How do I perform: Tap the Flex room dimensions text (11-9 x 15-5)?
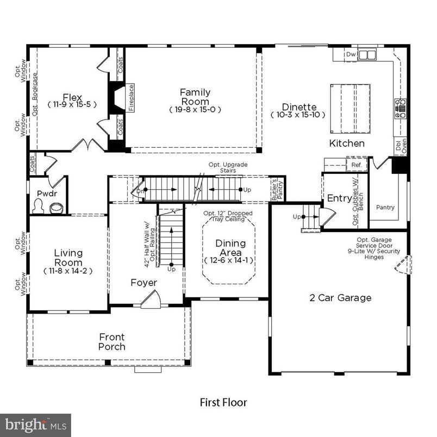coord(72,104)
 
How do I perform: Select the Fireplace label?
coord(131,98)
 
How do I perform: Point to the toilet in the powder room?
coord(39,206)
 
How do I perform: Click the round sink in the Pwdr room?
coord(56,207)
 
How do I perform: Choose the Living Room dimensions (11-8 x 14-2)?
coord(68,270)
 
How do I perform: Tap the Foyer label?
coord(143,283)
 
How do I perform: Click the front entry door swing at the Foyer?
coord(151,301)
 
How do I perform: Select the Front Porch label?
coord(111,342)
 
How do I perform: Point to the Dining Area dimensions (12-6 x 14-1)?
coord(230,260)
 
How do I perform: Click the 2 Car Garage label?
coord(340,298)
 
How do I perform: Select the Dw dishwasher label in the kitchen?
coord(351,54)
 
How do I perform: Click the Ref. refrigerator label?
coord(357,164)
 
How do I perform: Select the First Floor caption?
coord(223,403)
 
